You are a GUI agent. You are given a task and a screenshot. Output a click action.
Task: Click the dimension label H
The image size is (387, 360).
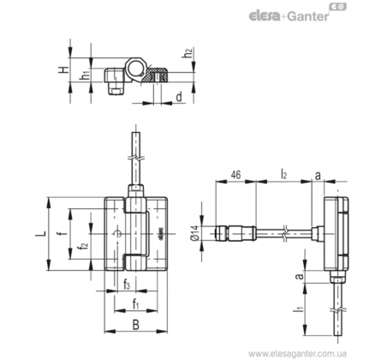[64, 69]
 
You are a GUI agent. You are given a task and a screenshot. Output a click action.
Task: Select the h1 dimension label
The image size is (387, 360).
[86, 75]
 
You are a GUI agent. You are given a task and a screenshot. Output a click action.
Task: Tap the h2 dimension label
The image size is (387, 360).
[188, 53]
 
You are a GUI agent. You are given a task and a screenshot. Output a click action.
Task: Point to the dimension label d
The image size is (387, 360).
[179, 97]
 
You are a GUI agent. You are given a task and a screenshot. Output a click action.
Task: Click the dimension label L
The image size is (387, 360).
[40, 233]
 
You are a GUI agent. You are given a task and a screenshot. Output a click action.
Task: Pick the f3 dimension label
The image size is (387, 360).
[127, 285]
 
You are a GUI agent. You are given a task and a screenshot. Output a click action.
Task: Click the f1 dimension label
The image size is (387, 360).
[135, 304]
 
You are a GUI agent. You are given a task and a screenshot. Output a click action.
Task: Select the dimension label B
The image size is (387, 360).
[136, 325]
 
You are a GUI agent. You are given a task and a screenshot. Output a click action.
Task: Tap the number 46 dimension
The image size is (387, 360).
[235, 174]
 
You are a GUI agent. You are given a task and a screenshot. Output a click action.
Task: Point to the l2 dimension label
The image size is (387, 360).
[283, 174]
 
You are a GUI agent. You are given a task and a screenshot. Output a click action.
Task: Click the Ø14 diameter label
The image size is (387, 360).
[194, 233]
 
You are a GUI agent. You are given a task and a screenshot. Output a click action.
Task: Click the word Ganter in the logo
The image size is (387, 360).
[308, 16]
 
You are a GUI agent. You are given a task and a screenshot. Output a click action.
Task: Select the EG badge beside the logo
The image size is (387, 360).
[338, 7]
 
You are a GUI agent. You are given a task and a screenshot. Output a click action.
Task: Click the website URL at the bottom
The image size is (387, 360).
[297, 354]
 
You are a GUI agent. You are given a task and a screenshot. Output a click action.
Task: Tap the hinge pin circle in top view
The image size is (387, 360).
[135, 69]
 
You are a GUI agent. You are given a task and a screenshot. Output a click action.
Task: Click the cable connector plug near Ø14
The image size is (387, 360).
[235, 233]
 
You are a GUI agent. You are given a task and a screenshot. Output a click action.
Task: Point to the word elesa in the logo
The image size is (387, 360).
[265, 16]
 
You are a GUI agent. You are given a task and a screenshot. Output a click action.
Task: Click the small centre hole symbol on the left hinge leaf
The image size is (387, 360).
[117, 234]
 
